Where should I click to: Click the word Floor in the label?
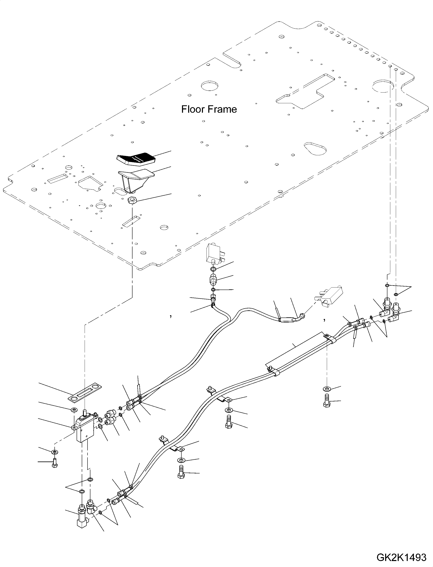click(x=192, y=109)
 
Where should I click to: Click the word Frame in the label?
click(x=223, y=109)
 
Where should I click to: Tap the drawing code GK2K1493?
click(x=401, y=558)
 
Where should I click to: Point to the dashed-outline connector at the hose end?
click(x=329, y=297)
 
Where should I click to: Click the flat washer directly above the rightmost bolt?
click(x=327, y=396)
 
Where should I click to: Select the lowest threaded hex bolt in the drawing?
click(x=181, y=473)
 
